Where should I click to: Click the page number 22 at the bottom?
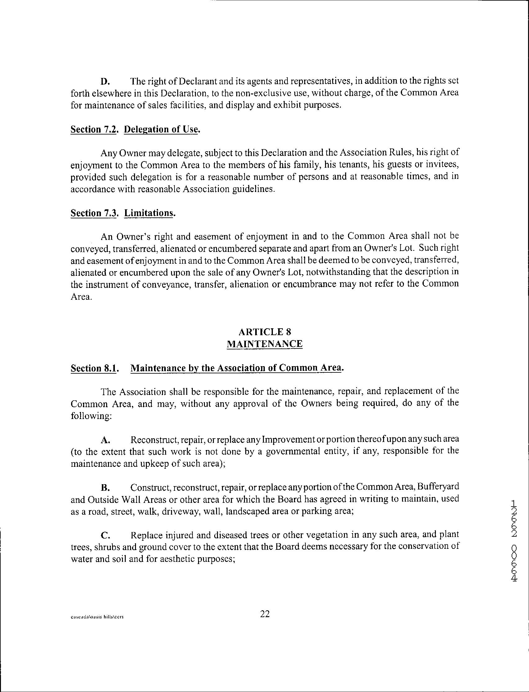[265, 614]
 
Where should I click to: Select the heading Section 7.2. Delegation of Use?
[135, 129]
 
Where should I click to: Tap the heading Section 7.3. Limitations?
[123, 213]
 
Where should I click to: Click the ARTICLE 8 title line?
[264, 332]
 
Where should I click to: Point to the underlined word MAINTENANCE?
[264, 344]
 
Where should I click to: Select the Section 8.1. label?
[95, 368]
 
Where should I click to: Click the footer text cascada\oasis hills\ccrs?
[97, 617]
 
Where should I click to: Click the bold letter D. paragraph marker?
[105, 82]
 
